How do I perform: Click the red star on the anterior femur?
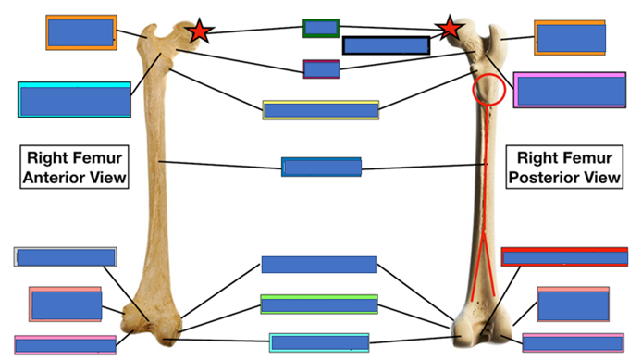click(199, 31)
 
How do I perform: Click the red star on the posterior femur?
click(450, 28)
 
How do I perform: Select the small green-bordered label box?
click(321, 29)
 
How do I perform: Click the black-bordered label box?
click(386, 45)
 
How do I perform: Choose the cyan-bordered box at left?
click(74, 100)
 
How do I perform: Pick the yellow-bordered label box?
click(321, 110)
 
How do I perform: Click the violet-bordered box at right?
click(570, 90)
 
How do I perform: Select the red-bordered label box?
click(564, 256)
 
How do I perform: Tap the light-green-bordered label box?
click(319, 304)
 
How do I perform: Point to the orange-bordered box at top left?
click(81, 32)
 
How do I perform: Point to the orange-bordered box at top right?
click(570, 38)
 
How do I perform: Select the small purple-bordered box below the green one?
click(321, 68)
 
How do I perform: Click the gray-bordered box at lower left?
click(65, 256)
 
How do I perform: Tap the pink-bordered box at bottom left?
click(65, 345)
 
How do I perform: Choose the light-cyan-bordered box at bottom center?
click(319, 342)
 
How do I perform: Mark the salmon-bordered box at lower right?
click(573, 304)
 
